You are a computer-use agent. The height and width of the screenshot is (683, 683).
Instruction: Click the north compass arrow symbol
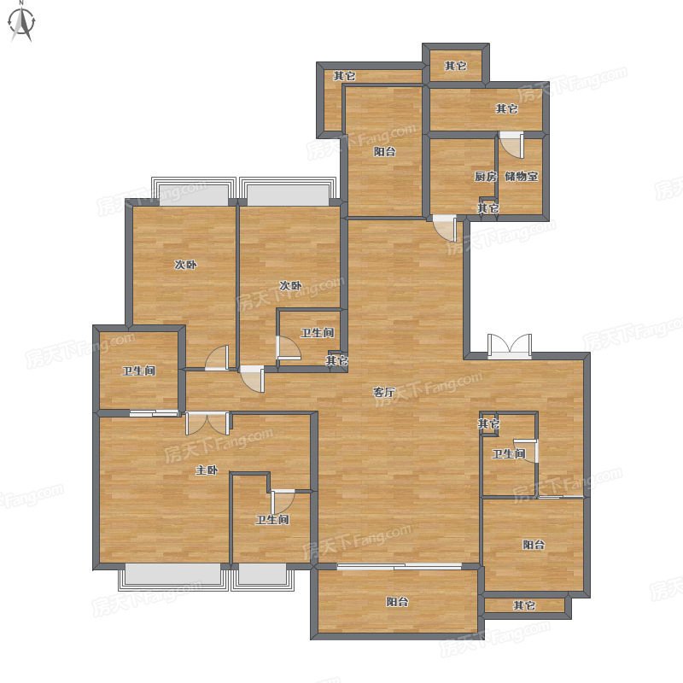(22, 22)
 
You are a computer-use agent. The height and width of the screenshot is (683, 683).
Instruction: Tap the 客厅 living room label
(383, 392)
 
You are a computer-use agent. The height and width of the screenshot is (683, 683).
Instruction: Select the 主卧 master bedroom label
(207, 470)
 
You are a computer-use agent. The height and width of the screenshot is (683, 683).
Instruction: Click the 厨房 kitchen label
(485, 177)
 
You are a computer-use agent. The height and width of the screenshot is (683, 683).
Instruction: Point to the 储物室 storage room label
(522, 177)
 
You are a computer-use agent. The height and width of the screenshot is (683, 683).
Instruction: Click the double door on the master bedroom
(207, 423)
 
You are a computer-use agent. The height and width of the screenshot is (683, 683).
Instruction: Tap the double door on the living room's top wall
(510, 346)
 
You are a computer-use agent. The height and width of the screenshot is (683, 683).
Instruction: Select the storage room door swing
(511, 144)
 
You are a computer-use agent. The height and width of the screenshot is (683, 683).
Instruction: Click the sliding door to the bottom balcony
(400, 567)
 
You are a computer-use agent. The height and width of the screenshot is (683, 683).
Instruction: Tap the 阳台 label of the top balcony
(385, 152)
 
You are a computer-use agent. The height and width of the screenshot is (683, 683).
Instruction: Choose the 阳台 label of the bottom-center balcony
(397, 602)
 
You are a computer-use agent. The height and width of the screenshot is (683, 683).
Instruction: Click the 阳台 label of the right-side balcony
(534, 545)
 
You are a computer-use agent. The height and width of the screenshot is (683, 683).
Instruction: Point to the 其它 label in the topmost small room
(456, 66)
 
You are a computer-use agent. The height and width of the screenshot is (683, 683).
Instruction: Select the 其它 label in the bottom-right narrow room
(524, 605)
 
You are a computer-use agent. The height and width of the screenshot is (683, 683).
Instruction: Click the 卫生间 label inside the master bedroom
(272, 520)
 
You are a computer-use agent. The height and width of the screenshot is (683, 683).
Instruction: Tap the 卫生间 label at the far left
(139, 371)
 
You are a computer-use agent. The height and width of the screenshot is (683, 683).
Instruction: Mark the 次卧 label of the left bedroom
(185, 265)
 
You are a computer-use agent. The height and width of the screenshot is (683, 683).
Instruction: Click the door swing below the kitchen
(445, 228)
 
